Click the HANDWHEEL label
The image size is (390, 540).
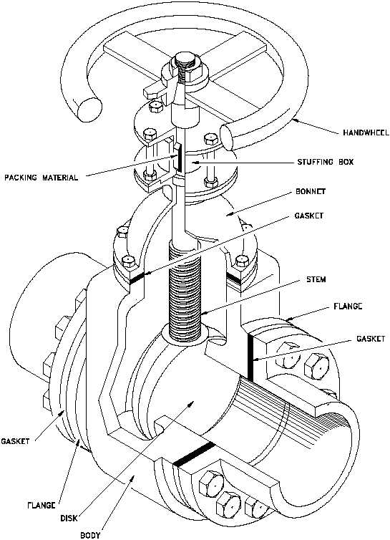click(x=366, y=132)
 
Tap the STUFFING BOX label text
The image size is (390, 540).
click(x=326, y=162)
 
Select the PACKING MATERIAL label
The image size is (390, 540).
click(x=42, y=178)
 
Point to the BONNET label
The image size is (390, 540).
click(x=311, y=191)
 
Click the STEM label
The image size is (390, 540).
click(x=316, y=279)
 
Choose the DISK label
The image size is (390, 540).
click(x=69, y=518)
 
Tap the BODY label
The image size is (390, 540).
click(x=90, y=535)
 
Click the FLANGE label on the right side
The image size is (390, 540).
click(x=348, y=306)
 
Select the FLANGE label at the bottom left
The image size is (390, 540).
click(x=42, y=505)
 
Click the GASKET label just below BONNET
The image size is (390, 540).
click(x=308, y=216)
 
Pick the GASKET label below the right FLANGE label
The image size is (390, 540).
click(x=371, y=339)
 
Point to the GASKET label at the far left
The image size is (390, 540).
click(x=15, y=441)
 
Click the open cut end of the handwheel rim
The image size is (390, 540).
click(x=89, y=109)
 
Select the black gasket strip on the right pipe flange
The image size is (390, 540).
click(x=250, y=358)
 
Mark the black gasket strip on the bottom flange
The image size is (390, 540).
click(x=194, y=454)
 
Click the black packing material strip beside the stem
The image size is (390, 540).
click(x=179, y=159)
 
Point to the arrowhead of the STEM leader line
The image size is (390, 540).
click(x=203, y=313)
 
